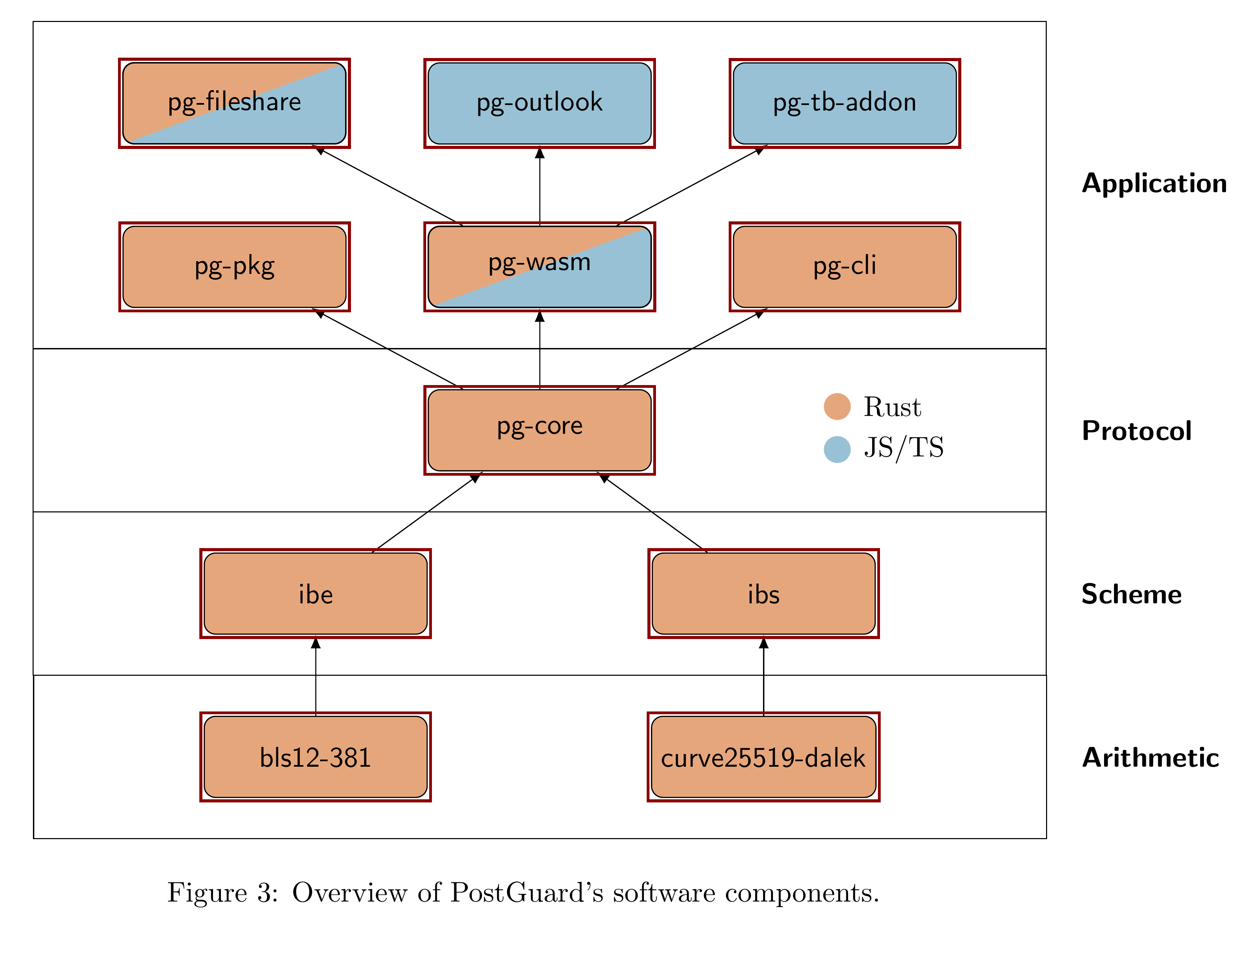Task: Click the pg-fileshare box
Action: pos(234,103)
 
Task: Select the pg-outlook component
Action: pos(539,103)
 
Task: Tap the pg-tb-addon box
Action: pos(844,103)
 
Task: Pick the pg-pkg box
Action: pos(234,267)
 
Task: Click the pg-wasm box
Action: pos(539,267)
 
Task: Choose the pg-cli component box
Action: pos(844,267)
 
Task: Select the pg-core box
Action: pos(539,430)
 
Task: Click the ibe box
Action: pos(315,594)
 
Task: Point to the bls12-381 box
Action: pos(315,757)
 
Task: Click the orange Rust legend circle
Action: pos(837,407)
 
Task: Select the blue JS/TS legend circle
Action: pos(837,450)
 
